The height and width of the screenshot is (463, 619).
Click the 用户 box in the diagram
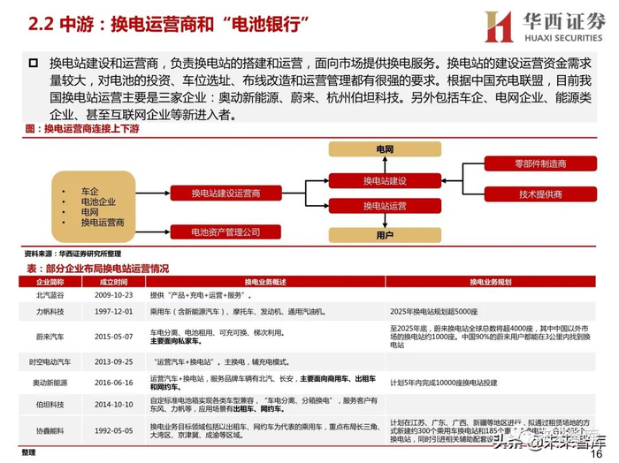[385, 236]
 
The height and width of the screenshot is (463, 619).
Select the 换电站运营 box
[385, 206]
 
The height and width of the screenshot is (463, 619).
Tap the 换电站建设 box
[385, 180]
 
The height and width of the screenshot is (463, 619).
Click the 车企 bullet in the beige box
[90, 190]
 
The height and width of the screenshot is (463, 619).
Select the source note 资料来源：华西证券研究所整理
[73, 253]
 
